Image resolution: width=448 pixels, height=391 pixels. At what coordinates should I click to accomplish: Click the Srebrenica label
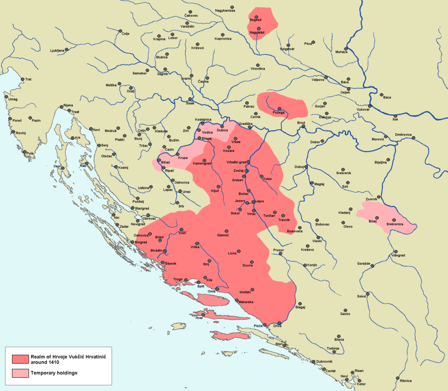pos(397,225)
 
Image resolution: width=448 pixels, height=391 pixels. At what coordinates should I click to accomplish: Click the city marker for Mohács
pos(346,48)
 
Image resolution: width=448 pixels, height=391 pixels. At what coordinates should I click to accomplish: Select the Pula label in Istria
pos(30,153)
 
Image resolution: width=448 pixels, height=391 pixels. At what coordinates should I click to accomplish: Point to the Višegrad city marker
pos(397,251)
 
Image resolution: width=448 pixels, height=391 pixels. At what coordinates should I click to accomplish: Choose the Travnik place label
pos(284,220)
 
